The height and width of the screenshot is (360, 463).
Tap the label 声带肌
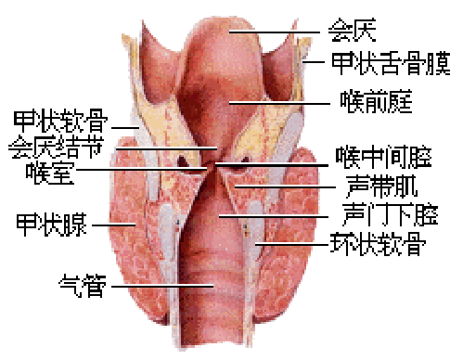376,182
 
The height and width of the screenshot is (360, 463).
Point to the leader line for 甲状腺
113,224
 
